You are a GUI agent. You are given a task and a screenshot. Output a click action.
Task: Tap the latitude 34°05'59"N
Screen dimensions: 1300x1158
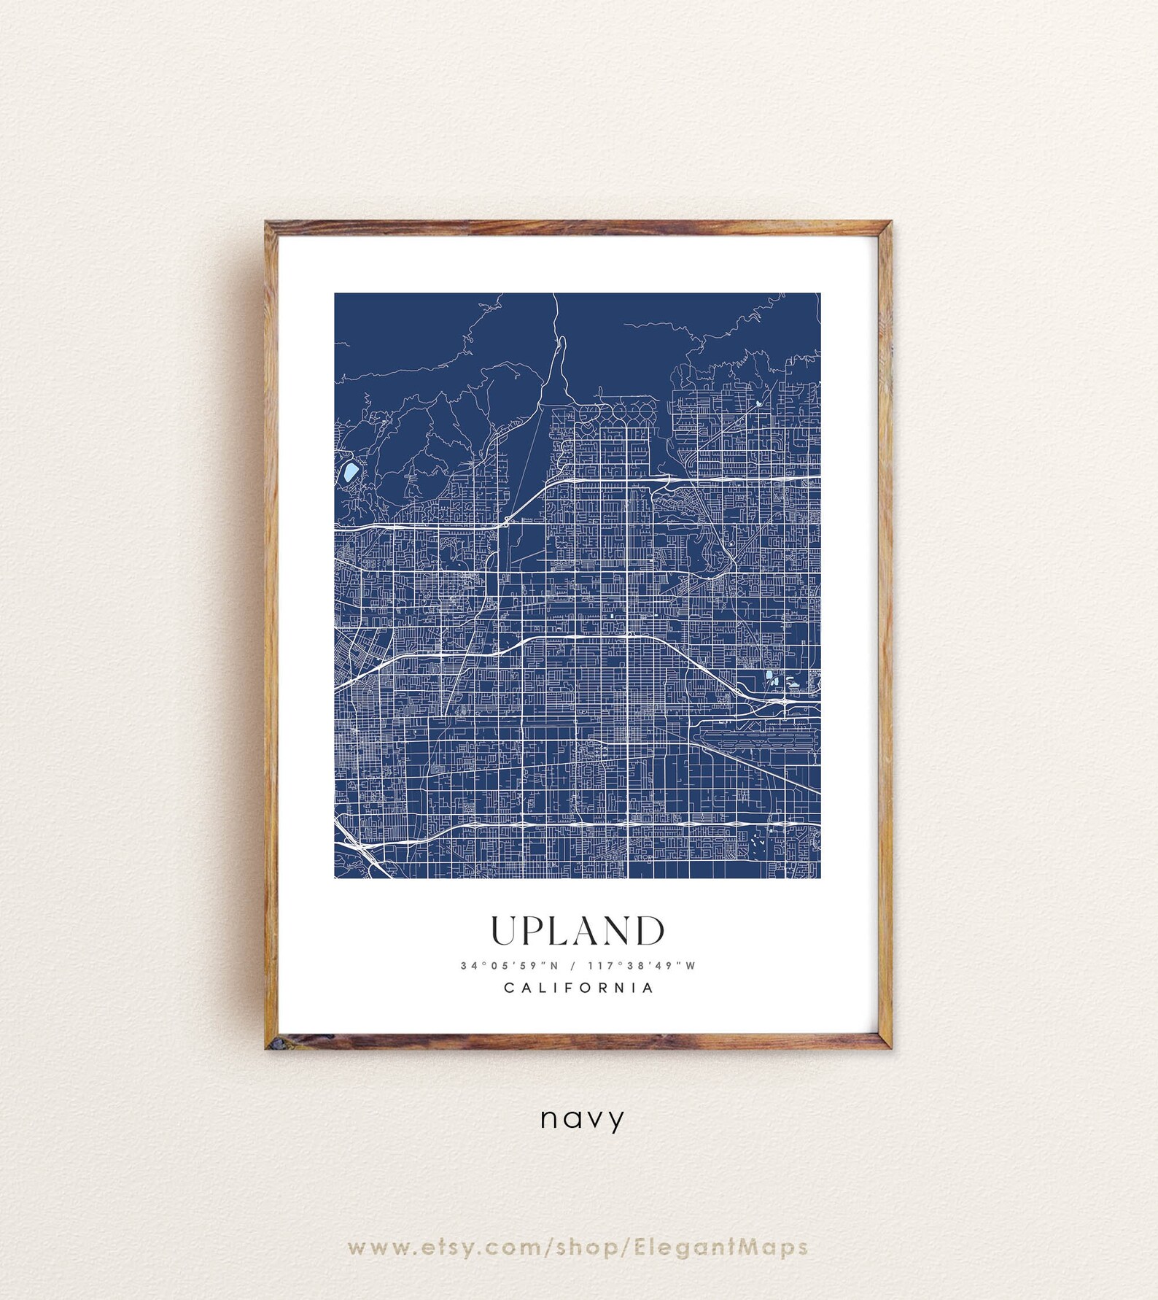(x=509, y=966)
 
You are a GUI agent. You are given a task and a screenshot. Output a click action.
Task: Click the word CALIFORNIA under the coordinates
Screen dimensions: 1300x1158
(x=579, y=988)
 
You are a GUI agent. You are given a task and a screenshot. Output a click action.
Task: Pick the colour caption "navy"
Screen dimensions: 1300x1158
(x=582, y=1118)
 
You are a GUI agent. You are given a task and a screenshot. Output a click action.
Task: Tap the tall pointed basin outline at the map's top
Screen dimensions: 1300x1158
(x=560, y=365)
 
